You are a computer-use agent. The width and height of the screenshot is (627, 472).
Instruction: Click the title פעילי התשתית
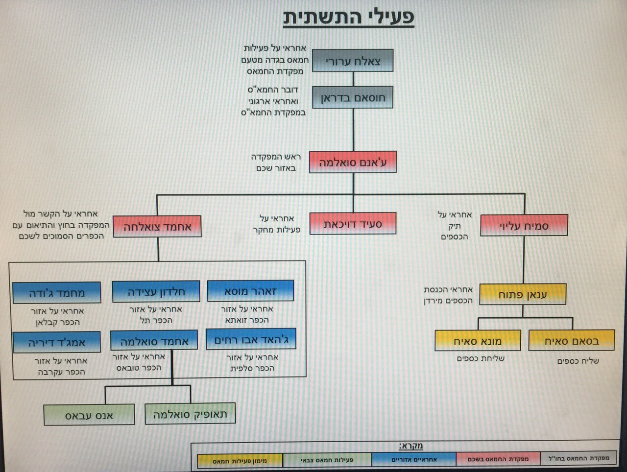[348, 18]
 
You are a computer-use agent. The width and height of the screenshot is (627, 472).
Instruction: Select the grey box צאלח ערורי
[353, 61]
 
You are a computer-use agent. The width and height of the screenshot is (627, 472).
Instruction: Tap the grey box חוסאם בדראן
[353, 97]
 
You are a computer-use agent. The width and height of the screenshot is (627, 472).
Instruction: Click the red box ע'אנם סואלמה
[353, 162]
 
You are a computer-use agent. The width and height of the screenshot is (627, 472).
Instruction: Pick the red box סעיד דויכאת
[353, 224]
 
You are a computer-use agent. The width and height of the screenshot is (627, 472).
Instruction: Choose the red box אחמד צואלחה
[157, 227]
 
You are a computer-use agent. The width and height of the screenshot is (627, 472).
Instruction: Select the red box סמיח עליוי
[524, 226]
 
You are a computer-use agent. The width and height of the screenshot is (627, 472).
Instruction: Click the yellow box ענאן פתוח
[523, 294]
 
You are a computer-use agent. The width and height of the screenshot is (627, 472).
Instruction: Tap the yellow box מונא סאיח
[478, 341]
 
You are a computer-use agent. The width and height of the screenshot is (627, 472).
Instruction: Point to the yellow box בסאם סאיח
[572, 340]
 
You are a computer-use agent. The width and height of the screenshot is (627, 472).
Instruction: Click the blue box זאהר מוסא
[250, 291]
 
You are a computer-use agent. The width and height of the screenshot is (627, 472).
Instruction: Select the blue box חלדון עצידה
[156, 291]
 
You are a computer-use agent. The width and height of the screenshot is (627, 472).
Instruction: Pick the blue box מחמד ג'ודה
[57, 293]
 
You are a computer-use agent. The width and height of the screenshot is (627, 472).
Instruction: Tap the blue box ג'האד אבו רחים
[251, 339]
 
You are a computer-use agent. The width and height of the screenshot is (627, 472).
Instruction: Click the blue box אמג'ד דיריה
[56, 342]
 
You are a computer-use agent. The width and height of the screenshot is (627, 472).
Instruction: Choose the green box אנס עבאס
[89, 415]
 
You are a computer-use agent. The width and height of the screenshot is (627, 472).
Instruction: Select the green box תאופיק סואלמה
[190, 413]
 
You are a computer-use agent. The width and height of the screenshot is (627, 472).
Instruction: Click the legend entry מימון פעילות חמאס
[240, 461]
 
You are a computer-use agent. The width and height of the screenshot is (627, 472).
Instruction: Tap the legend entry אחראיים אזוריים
[413, 459]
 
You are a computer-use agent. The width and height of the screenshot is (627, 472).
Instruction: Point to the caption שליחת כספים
[481, 358]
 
